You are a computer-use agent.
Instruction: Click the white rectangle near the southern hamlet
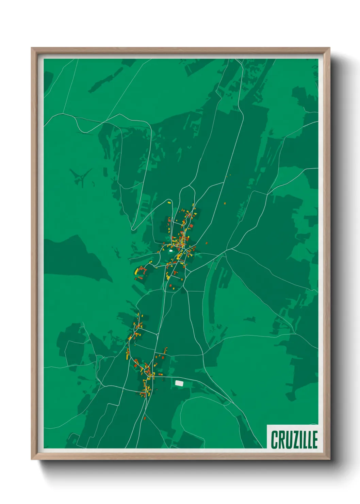pos(179,383)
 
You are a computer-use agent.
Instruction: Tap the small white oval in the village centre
pos(170,251)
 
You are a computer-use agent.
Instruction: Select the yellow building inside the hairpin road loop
pos(169,203)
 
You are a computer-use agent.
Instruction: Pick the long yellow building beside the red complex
pos(136,271)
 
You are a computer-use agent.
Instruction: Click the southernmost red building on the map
pos(145,418)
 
